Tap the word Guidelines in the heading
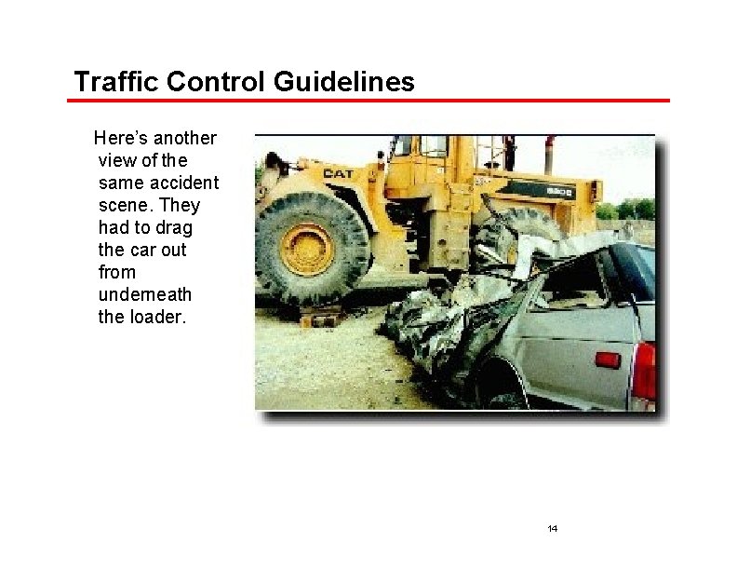(344, 82)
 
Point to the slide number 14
(553, 529)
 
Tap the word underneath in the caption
(144, 295)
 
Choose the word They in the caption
(181, 206)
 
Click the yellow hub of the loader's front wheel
(307, 248)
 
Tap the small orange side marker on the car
(607, 360)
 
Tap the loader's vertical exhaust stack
(549, 153)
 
